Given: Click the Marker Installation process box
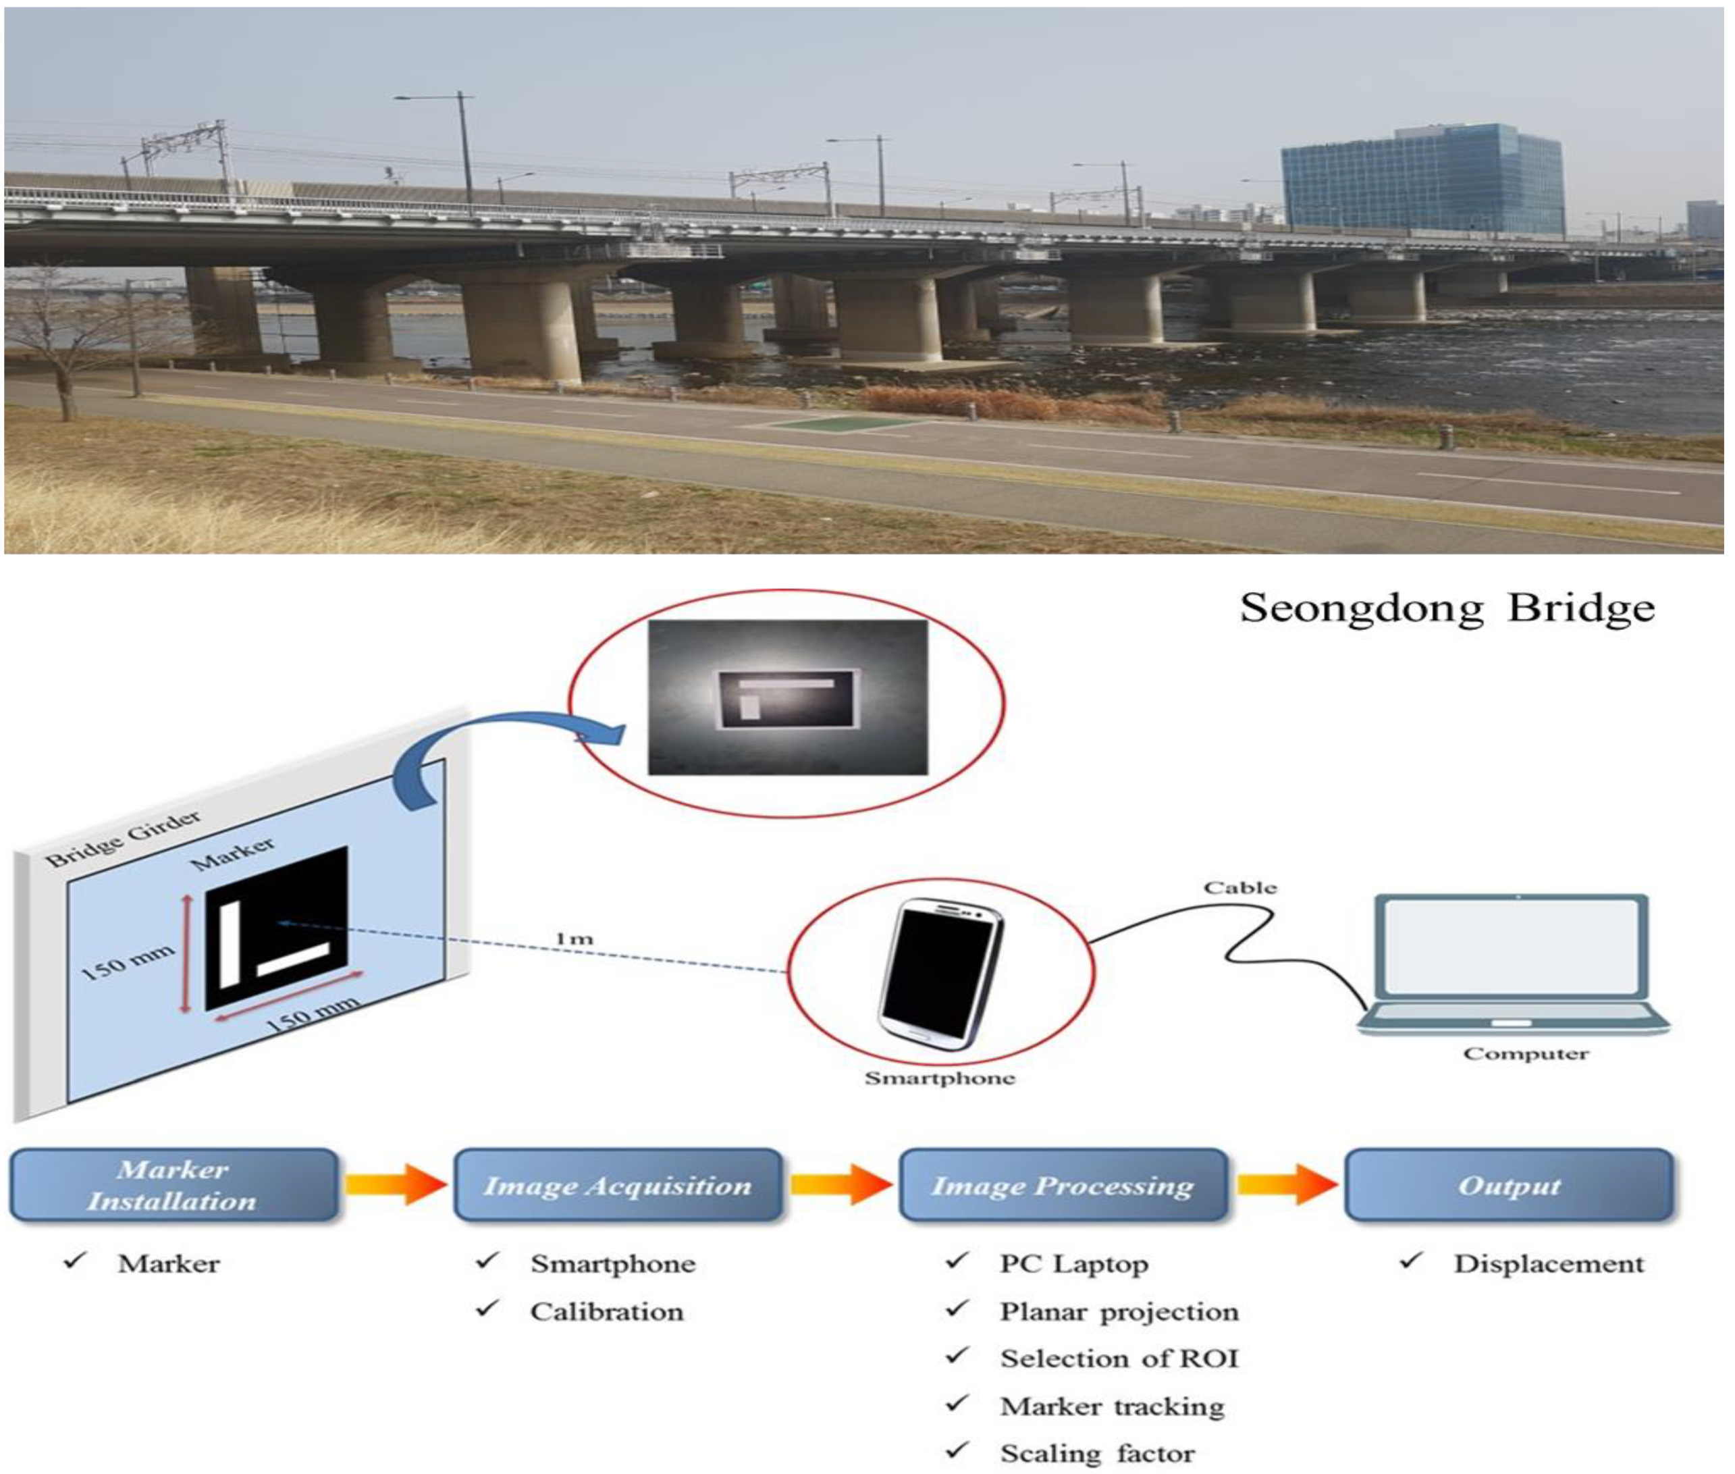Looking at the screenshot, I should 173,1185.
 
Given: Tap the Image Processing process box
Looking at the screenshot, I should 1062,1185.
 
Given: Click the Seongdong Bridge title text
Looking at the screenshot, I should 1446,608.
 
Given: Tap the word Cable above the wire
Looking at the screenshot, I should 1239,887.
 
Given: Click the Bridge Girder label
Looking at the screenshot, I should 123,838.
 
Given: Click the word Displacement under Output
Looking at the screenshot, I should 1548,1264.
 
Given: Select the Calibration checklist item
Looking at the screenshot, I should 606,1312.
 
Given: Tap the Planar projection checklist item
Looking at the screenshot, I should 1119,1312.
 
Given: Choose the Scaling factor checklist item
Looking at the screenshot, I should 1097,1454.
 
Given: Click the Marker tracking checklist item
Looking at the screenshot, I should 1112,1407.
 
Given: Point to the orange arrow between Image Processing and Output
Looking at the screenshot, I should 1287,1185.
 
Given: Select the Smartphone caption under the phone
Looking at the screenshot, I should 939,1078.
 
